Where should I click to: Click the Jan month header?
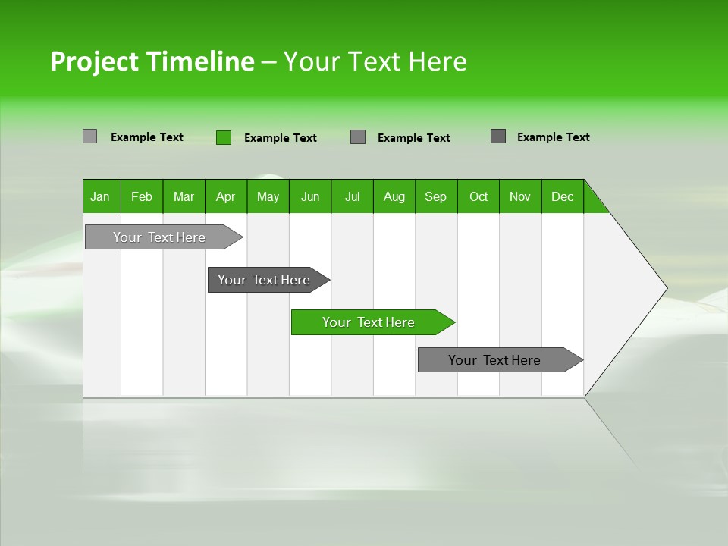coord(100,196)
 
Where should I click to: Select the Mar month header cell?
coord(184,196)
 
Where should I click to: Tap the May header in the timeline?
coord(268,196)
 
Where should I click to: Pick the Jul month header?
coord(352,196)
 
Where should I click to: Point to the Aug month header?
coord(394,196)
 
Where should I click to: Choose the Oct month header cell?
coord(478,196)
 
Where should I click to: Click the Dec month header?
coord(562,196)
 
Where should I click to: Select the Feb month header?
coord(142,196)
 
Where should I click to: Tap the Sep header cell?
coord(435,196)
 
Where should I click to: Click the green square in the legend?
coord(224,137)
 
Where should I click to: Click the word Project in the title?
coord(94,61)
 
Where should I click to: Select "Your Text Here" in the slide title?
coord(375,61)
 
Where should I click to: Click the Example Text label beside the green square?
coord(280,138)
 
